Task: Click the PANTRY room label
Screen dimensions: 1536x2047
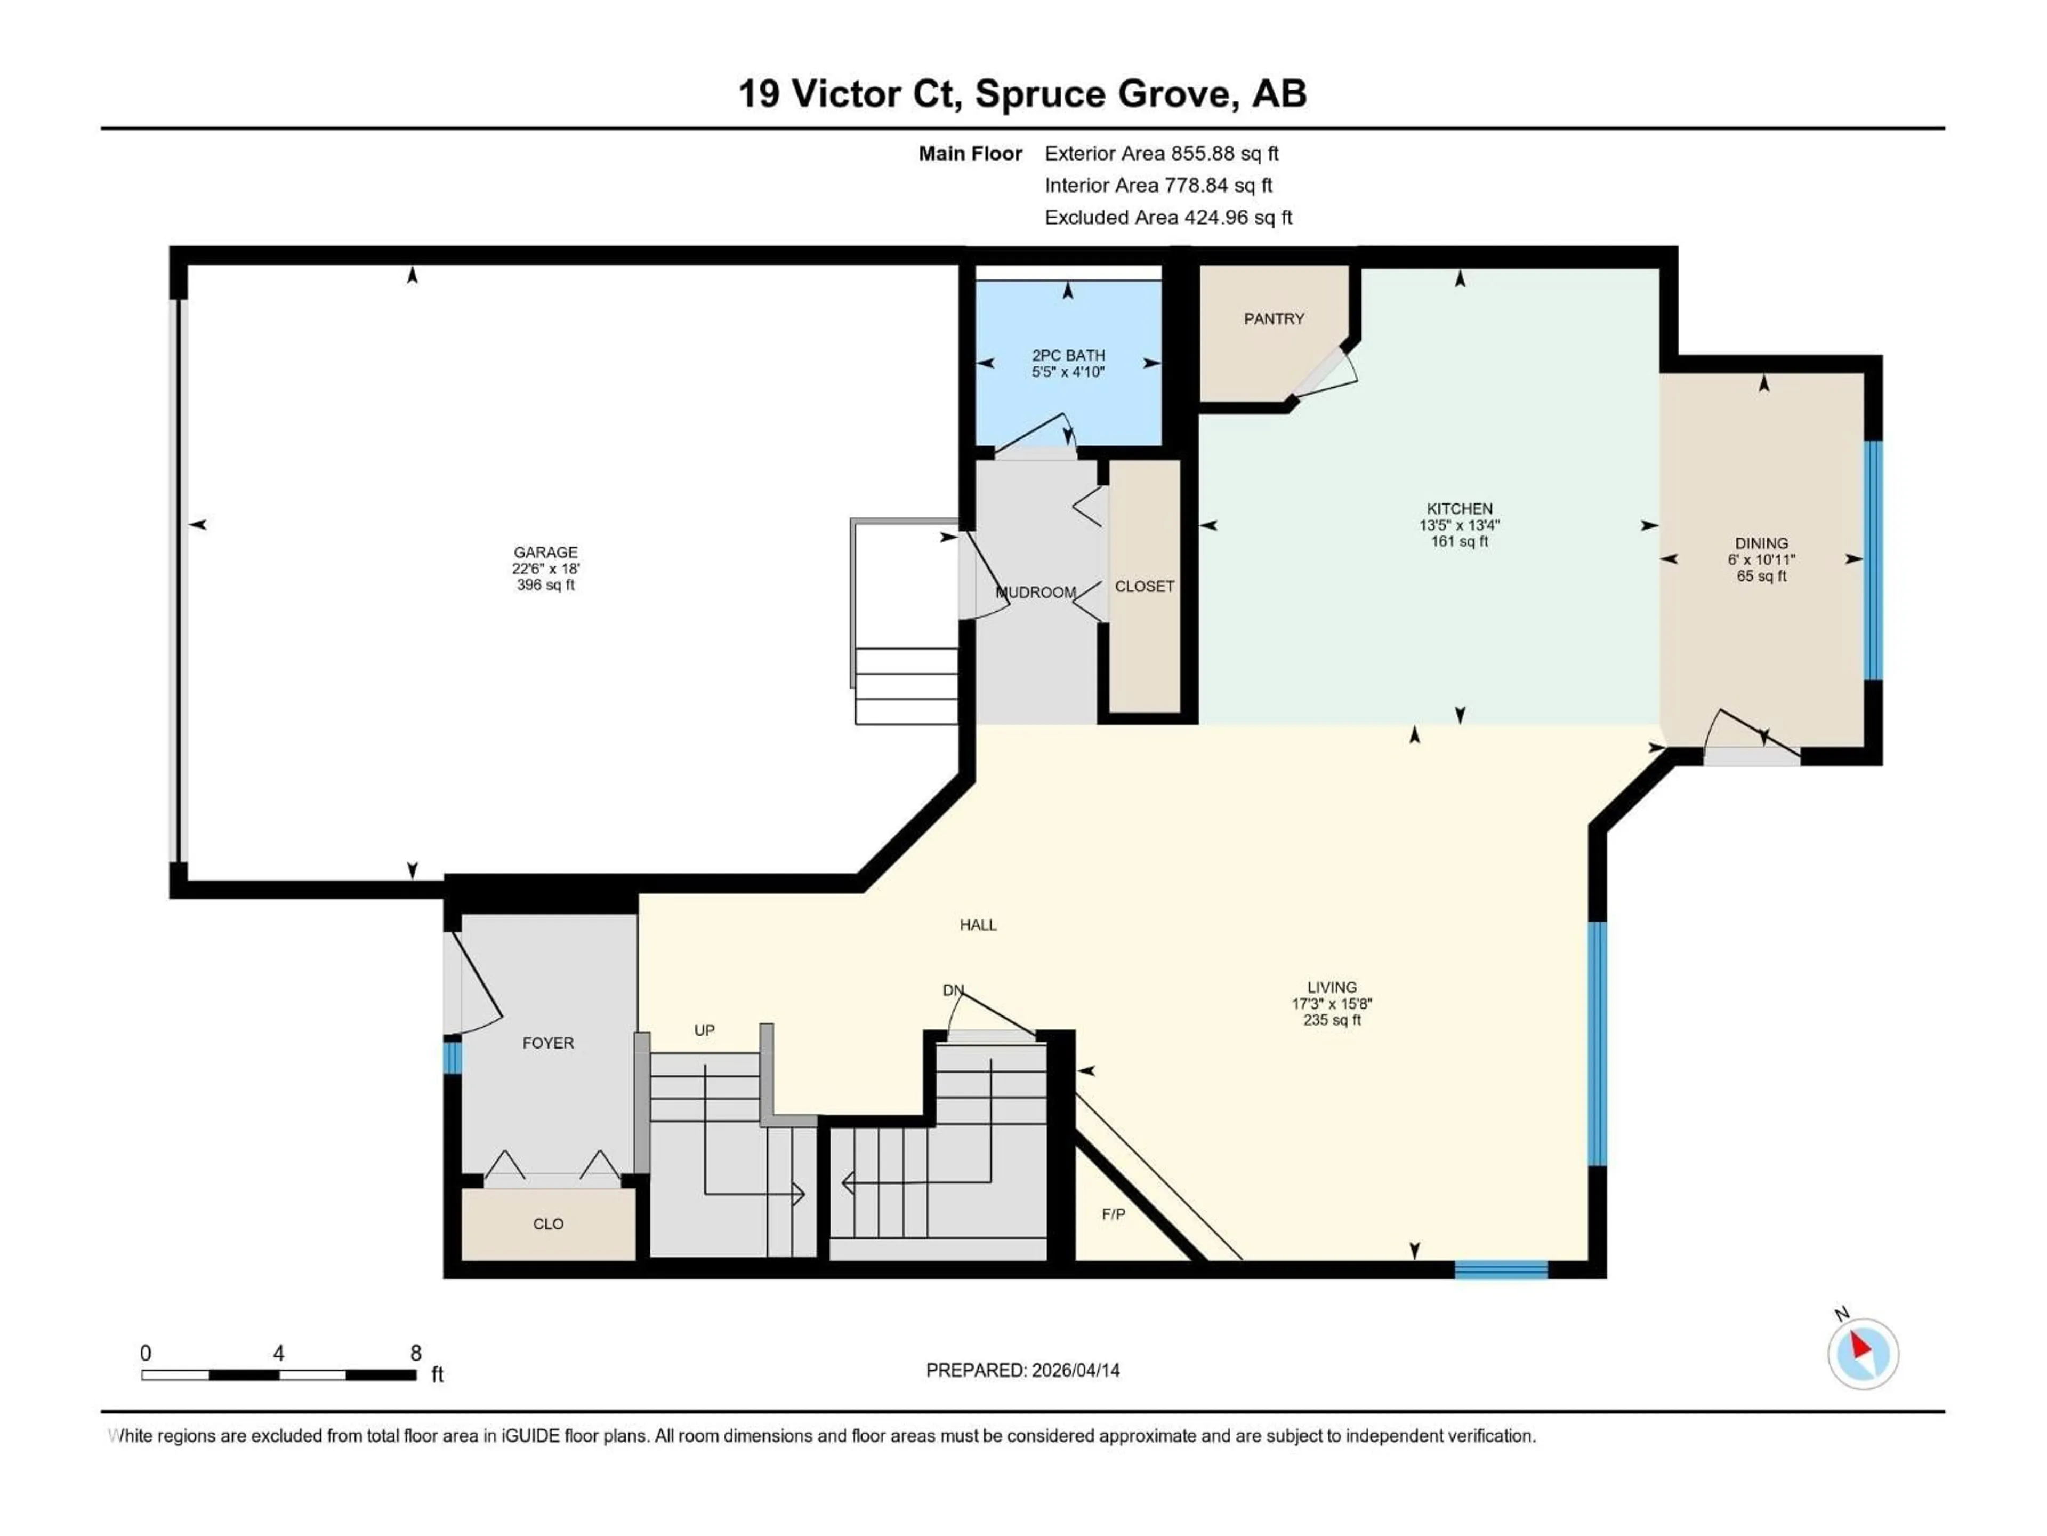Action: coord(1274,318)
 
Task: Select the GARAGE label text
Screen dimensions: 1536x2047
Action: coord(545,552)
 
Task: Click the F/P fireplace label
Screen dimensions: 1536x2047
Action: coord(1113,1214)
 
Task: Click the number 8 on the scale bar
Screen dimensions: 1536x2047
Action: coord(415,1353)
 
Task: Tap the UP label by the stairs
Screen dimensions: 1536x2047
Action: coord(704,1029)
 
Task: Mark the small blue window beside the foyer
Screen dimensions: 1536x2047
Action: coord(452,1057)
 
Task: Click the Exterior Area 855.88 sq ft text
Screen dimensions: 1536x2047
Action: coord(1162,154)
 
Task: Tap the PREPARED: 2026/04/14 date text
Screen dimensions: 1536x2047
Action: coord(1022,1370)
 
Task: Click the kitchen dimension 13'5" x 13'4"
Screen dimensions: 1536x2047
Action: coord(1460,525)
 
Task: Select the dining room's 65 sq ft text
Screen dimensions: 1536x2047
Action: coord(1761,576)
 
